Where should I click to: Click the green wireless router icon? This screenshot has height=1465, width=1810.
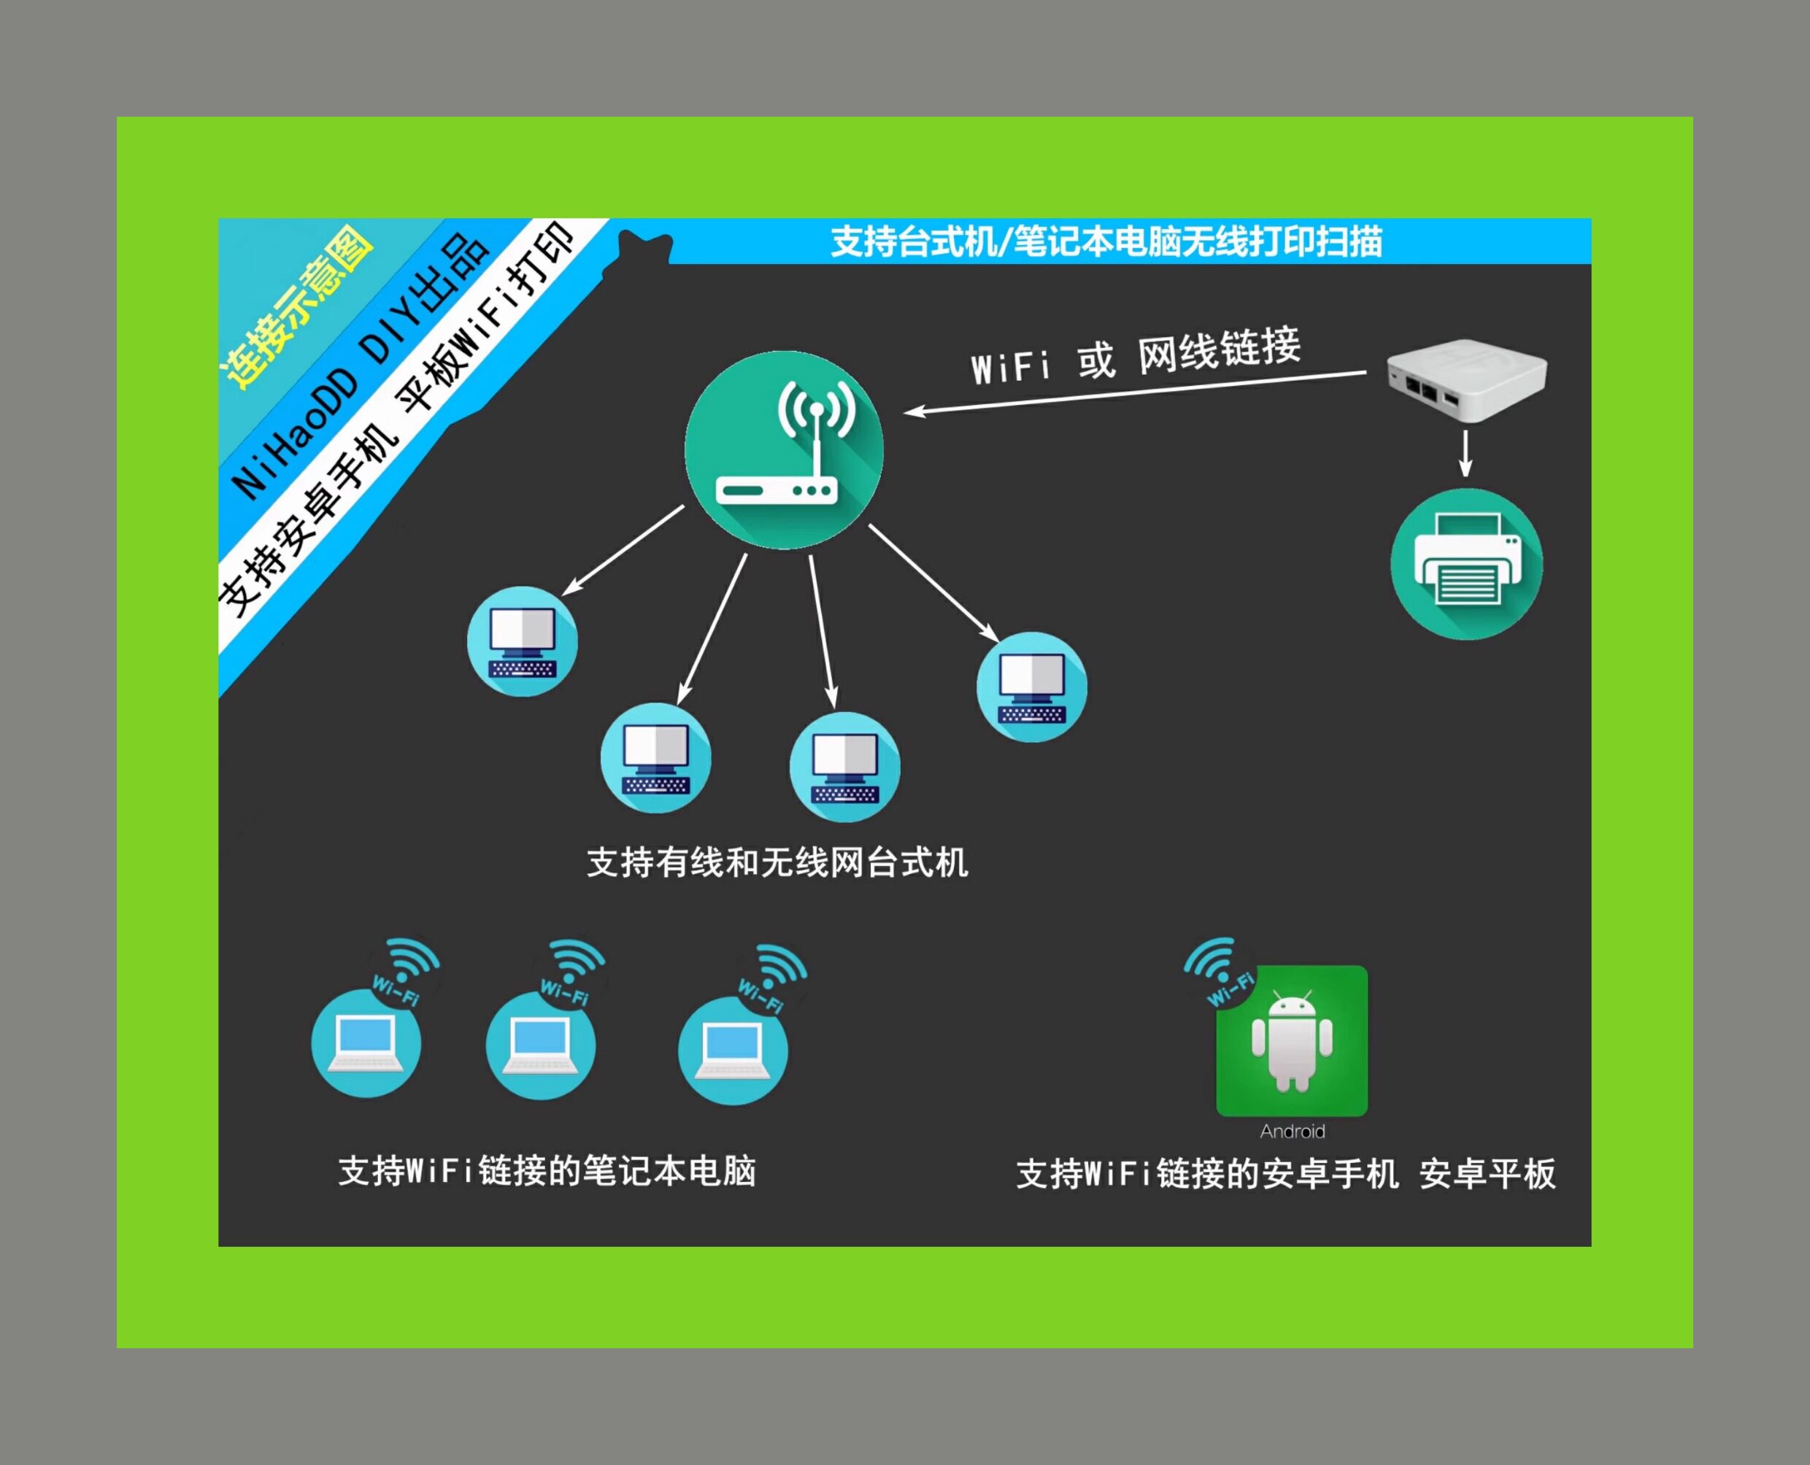click(783, 450)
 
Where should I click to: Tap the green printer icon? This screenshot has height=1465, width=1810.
click(1466, 564)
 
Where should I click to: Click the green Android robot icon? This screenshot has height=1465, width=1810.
click(1292, 1041)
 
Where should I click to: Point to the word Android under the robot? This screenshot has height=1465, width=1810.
click(1292, 1132)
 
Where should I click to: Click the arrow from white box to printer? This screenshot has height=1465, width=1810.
click(1466, 453)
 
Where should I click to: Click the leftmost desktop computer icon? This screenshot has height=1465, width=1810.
click(523, 641)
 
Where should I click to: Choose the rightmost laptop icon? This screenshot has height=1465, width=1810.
click(733, 1051)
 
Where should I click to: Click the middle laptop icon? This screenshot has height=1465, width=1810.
click(540, 1045)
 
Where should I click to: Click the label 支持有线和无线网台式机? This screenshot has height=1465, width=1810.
click(777, 862)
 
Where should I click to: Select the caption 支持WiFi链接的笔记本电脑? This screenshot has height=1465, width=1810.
click(547, 1171)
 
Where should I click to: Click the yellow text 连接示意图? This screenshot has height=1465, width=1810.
click(296, 308)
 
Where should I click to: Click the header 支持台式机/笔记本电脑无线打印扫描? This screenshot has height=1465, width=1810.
click(1106, 241)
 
